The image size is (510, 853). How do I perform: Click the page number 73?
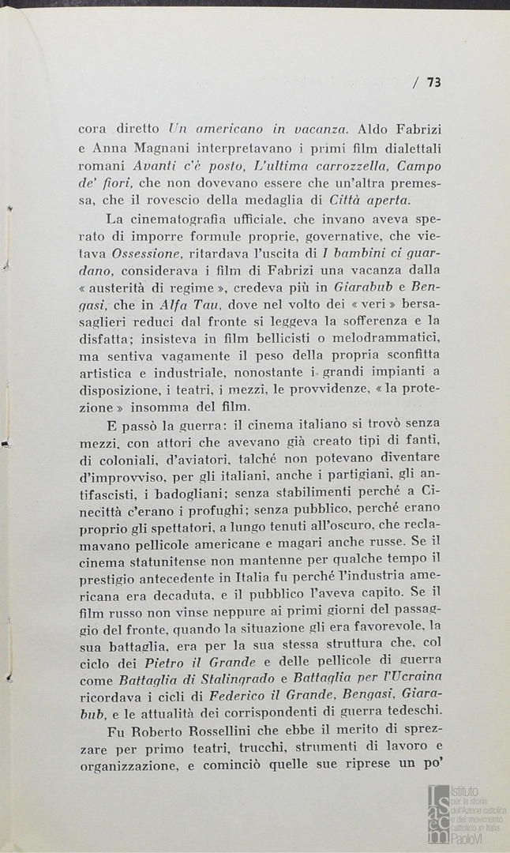(433, 81)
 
